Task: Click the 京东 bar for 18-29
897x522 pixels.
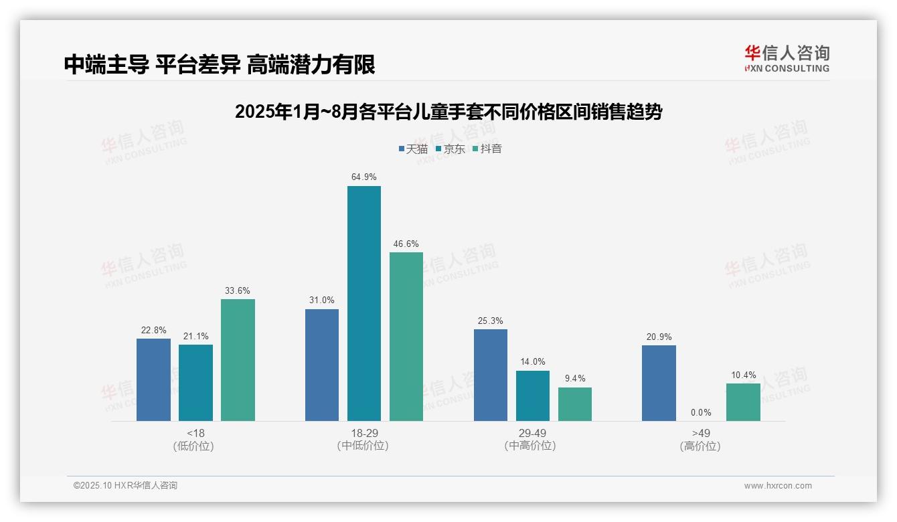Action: click(x=363, y=303)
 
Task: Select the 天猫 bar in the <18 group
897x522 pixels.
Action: click(x=153, y=379)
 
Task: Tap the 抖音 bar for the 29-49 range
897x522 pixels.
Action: click(x=575, y=404)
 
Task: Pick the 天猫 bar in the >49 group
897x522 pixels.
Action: click(x=659, y=383)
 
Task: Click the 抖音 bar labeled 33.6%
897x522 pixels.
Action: click(x=238, y=360)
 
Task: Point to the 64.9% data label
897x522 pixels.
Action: click(x=363, y=177)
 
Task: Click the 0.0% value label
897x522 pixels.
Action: click(x=701, y=413)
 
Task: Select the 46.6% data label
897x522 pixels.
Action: click(x=406, y=244)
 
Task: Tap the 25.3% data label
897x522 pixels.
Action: click(x=490, y=321)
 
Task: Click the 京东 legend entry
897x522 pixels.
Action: click(x=450, y=149)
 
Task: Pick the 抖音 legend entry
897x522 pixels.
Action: click(x=487, y=149)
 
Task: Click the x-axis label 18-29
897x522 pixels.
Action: click(x=363, y=434)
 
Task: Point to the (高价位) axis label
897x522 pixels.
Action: click(x=700, y=446)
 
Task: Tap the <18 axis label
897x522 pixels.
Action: click(x=195, y=434)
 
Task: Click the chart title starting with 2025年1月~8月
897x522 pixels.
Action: click(x=448, y=112)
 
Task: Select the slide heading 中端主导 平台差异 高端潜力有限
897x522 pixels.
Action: click(x=220, y=64)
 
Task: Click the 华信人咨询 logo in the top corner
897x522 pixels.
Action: click(x=787, y=58)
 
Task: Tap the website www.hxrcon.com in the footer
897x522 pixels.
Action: click(x=778, y=486)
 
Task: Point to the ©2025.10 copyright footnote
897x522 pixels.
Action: click(x=125, y=486)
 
